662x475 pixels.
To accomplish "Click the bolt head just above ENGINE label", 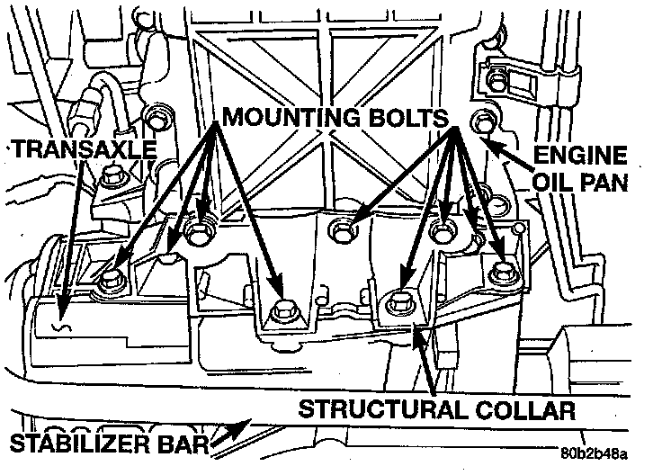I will coord(481,118).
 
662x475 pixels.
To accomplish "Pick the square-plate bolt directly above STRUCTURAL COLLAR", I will coord(398,303).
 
